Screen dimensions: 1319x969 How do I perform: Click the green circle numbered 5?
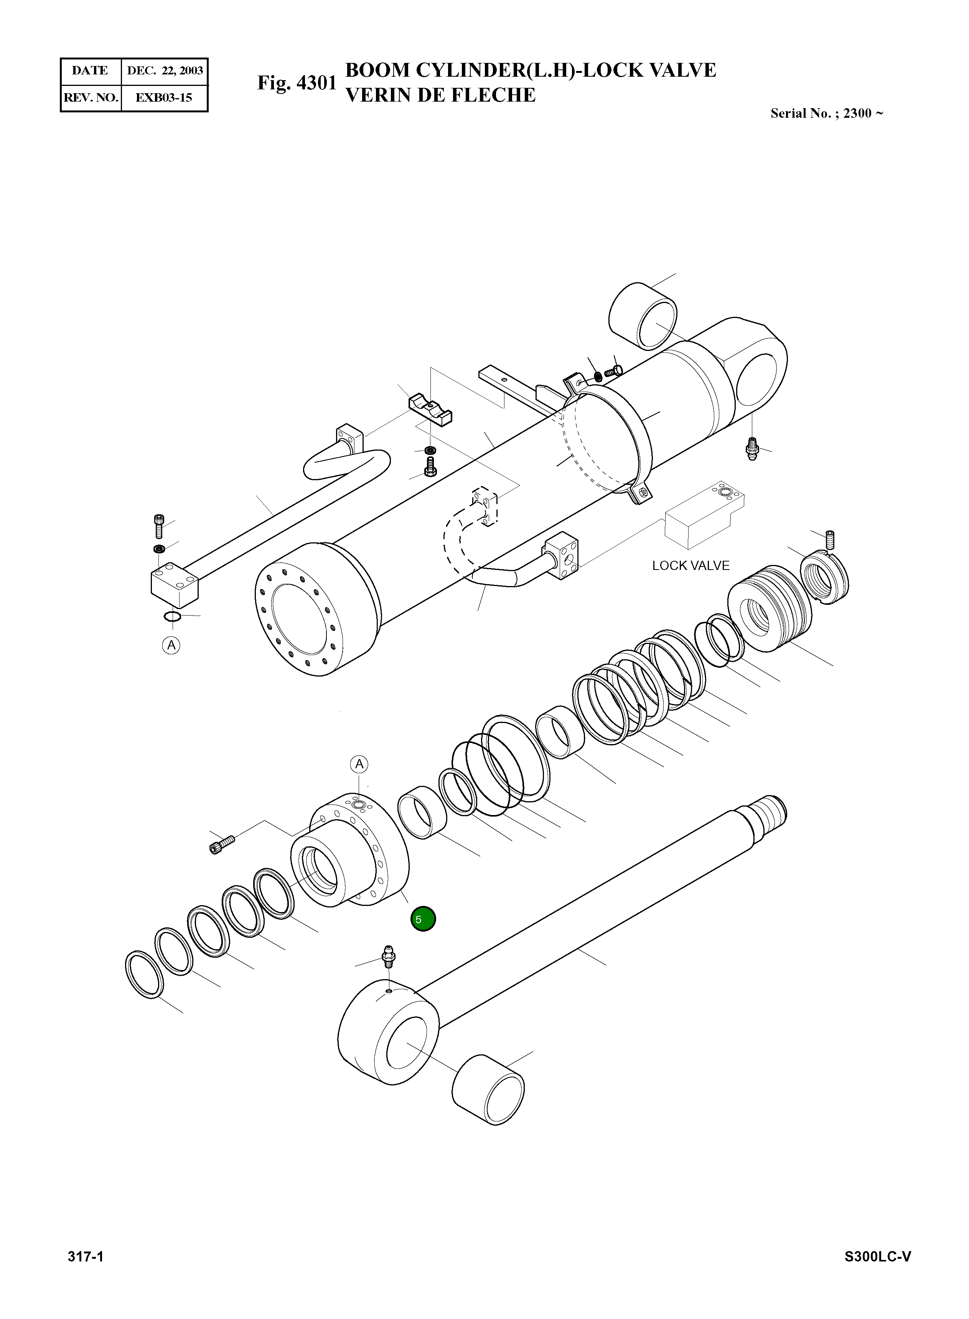(423, 919)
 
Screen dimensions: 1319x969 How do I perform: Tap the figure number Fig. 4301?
(297, 83)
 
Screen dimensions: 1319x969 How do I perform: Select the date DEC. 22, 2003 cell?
(165, 71)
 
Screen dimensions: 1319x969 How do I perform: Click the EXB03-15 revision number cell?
(164, 97)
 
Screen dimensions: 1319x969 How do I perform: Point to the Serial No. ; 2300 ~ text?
(826, 113)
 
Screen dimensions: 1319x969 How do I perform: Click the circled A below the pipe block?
(171, 645)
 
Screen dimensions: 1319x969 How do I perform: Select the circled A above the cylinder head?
(359, 764)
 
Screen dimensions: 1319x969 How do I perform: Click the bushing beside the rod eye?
(488, 1090)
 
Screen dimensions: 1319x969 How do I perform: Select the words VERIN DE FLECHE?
(440, 95)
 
